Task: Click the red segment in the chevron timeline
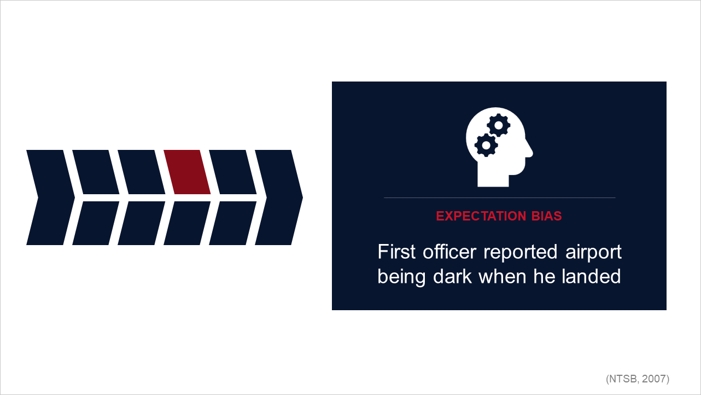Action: [x=187, y=172]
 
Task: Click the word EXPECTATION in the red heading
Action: [x=481, y=216]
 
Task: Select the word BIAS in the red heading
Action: [x=546, y=216]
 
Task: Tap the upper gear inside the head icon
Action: [x=499, y=125]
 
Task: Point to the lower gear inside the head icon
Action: [x=486, y=145]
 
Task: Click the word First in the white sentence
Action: [x=396, y=252]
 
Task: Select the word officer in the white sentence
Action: [x=449, y=252]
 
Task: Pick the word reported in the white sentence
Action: [x=521, y=253]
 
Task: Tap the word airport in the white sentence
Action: [x=593, y=253]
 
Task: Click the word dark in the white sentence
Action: [x=452, y=276]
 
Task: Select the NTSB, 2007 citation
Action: [x=638, y=379]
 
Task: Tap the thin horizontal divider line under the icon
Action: [x=499, y=198]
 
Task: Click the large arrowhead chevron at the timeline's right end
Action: [x=279, y=197]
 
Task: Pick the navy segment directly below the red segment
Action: [x=187, y=223]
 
